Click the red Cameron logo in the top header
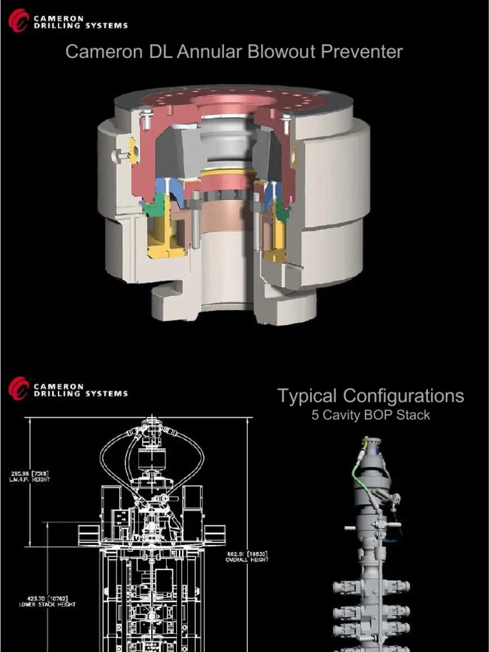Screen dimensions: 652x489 [18, 20]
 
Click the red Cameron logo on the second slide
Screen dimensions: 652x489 [18, 388]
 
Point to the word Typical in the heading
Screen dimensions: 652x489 [307, 396]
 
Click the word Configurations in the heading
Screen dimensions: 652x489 [403, 396]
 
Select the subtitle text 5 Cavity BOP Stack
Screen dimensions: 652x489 [371, 416]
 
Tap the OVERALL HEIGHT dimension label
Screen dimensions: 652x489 [246, 556]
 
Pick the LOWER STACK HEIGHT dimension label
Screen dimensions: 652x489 [47, 601]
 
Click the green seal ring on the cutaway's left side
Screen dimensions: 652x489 [152, 209]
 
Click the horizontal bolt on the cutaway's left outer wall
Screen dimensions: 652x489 [118, 154]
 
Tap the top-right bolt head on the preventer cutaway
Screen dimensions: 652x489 [286, 118]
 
